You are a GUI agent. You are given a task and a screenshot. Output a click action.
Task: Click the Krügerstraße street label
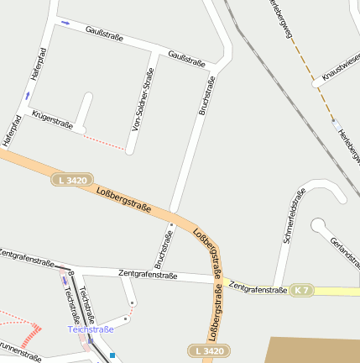(x=52, y=119)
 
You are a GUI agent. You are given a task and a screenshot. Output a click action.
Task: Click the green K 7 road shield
(x=301, y=290)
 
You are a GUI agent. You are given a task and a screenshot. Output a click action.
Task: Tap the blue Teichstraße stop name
(x=91, y=329)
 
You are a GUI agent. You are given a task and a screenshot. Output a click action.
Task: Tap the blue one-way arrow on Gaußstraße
(x=65, y=23)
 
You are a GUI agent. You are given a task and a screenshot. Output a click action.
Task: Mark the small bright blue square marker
(x=112, y=355)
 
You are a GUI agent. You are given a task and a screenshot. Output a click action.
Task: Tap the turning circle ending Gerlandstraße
(x=318, y=225)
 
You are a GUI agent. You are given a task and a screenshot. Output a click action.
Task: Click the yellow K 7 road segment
(x=336, y=291)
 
